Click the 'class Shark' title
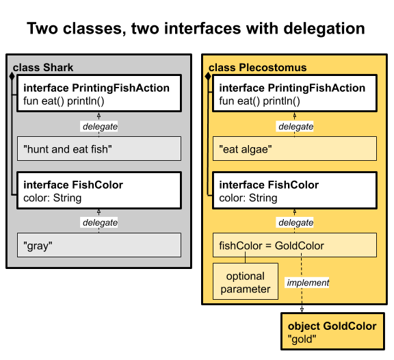click(x=43, y=67)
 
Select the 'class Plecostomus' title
click(x=257, y=67)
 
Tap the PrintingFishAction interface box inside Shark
click(x=98, y=94)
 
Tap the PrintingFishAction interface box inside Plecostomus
click(x=294, y=94)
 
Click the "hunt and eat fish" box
click(x=98, y=149)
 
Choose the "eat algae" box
click(x=294, y=149)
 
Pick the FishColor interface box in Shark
click(x=98, y=191)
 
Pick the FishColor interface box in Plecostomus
click(x=294, y=191)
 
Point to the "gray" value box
click(x=98, y=245)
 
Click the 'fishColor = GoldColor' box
click(x=294, y=245)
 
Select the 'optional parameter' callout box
click(x=245, y=283)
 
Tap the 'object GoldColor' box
click(x=332, y=331)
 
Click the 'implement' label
click(x=308, y=282)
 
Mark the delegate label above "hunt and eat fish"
click(x=99, y=127)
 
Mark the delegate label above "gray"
click(x=99, y=222)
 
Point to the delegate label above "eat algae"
click(x=295, y=127)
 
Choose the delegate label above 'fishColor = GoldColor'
click(x=295, y=222)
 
